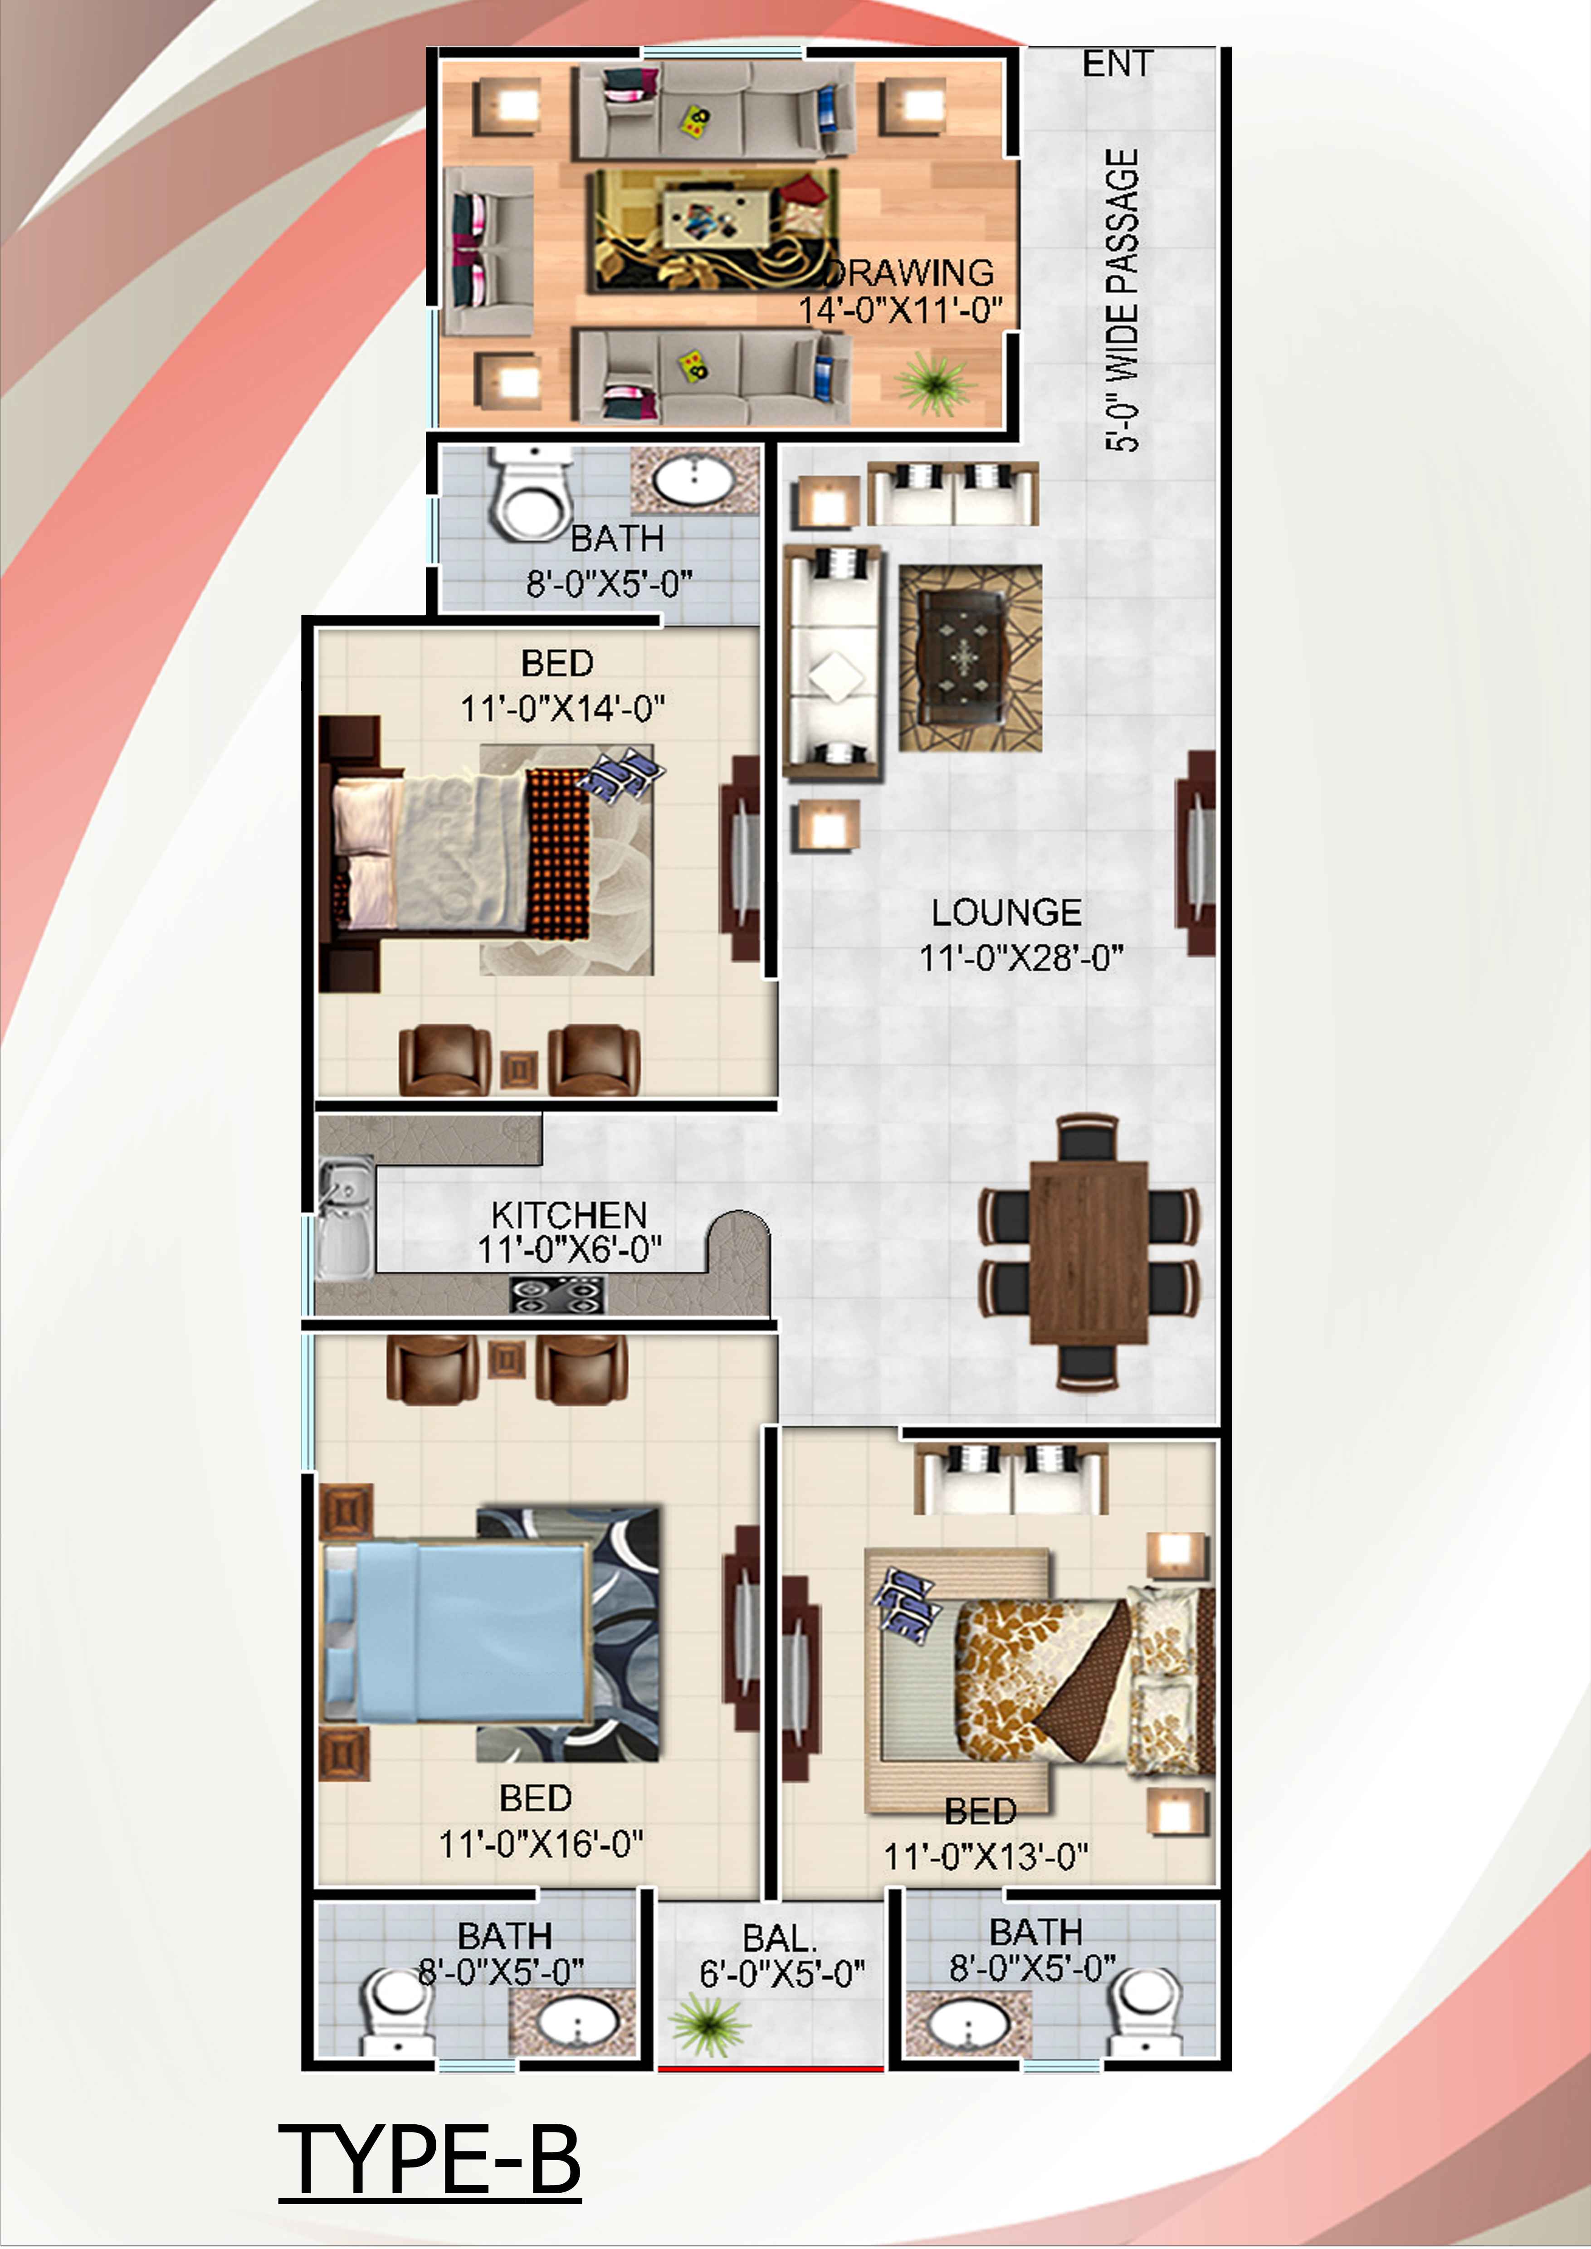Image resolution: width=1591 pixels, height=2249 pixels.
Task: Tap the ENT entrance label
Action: tap(1117, 63)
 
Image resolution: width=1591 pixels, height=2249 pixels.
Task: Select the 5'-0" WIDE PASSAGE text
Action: tap(1122, 300)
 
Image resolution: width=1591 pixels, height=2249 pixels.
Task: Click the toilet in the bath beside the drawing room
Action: tap(530, 495)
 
